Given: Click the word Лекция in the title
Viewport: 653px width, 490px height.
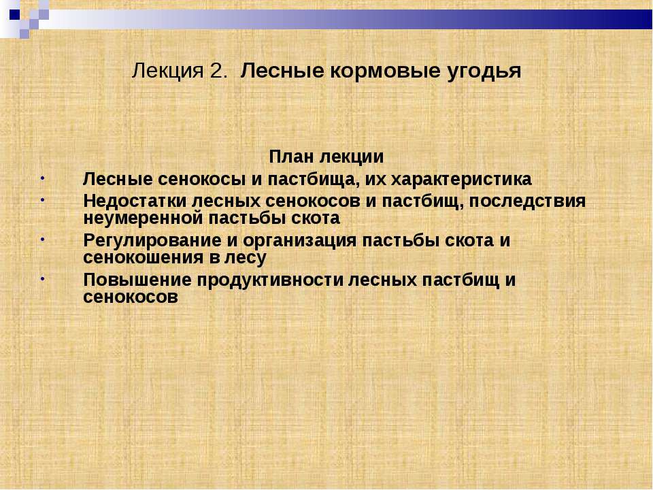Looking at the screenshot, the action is click(167, 71).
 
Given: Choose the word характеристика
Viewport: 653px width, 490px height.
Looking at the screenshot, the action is click(461, 180).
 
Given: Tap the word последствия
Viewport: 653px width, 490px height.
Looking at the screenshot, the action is click(527, 201).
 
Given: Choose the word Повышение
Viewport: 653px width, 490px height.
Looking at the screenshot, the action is click(137, 280).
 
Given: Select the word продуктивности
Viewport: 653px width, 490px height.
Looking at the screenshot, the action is click(270, 280).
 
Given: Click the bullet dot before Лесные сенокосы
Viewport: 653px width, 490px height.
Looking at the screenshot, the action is click(42, 178).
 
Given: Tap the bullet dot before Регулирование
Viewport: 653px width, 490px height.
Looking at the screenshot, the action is click(42, 240).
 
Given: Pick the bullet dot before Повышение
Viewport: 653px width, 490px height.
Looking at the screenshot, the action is click(42, 279).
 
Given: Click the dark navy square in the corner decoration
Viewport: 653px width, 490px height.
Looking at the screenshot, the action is click(14, 14).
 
